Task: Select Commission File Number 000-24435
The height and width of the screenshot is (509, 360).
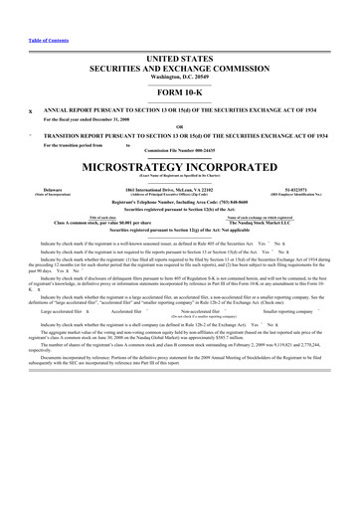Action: point(180,149)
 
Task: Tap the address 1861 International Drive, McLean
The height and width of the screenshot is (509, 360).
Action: point(180,188)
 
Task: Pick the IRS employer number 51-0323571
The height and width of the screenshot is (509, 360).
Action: point(307,188)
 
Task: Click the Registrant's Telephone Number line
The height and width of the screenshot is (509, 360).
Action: point(180,201)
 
